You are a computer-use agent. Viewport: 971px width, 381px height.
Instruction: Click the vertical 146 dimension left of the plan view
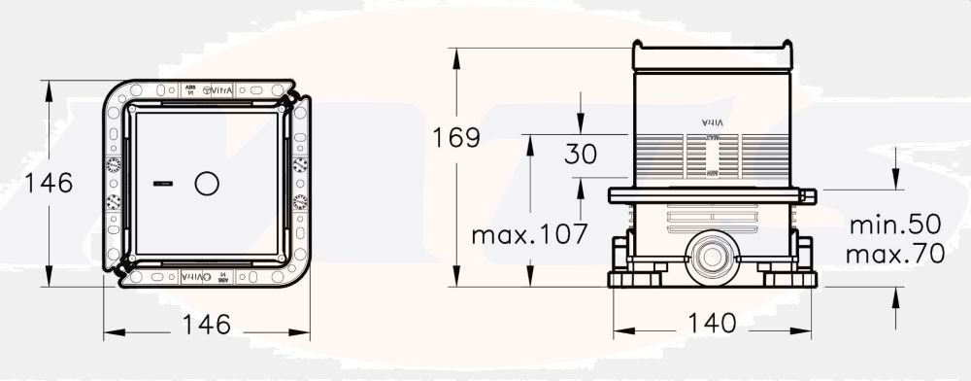click(50, 183)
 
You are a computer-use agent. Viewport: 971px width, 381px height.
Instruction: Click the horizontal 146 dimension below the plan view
click(207, 324)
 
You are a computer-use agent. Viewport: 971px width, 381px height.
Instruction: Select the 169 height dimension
click(456, 137)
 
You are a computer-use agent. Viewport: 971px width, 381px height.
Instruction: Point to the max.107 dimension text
click(529, 234)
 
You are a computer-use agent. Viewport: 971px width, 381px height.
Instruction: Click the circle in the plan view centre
click(208, 183)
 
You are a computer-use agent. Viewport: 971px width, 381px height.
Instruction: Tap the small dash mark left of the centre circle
click(161, 183)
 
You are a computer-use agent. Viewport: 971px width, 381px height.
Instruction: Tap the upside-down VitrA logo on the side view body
click(714, 121)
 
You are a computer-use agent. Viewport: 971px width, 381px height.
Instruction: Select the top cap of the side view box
click(713, 54)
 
